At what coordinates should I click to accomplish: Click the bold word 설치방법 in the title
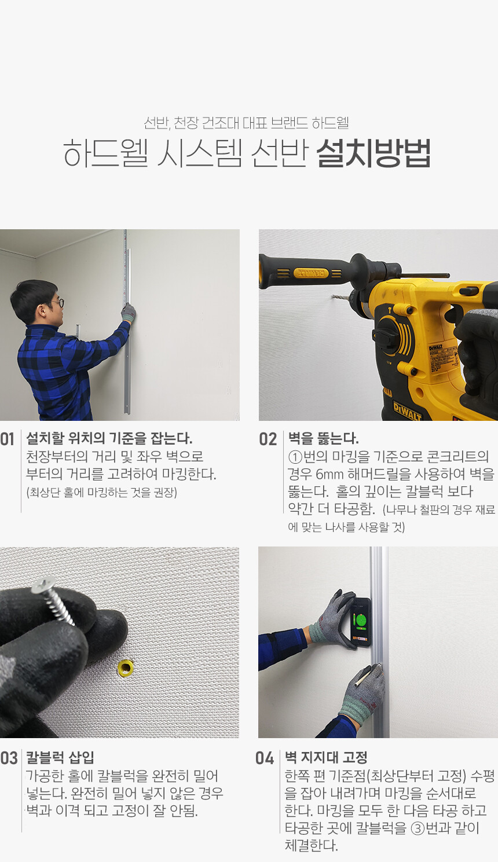tap(373, 153)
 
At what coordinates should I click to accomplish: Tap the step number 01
tap(8, 439)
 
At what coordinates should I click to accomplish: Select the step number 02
tap(268, 439)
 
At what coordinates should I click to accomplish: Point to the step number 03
tap(9, 758)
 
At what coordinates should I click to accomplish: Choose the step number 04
tap(265, 758)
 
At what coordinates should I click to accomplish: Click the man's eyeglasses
tap(58, 303)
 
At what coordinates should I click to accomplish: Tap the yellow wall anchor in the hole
tap(126, 668)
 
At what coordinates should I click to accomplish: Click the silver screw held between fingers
tap(53, 601)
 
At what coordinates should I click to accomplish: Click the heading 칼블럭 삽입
tap(60, 757)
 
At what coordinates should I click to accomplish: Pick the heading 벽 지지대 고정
tap(325, 757)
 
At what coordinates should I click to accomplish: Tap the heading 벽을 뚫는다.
tap(323, 438)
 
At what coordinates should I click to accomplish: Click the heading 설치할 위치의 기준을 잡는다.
tap(109, 438)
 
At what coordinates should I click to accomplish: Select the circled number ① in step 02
tap(295, 457)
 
